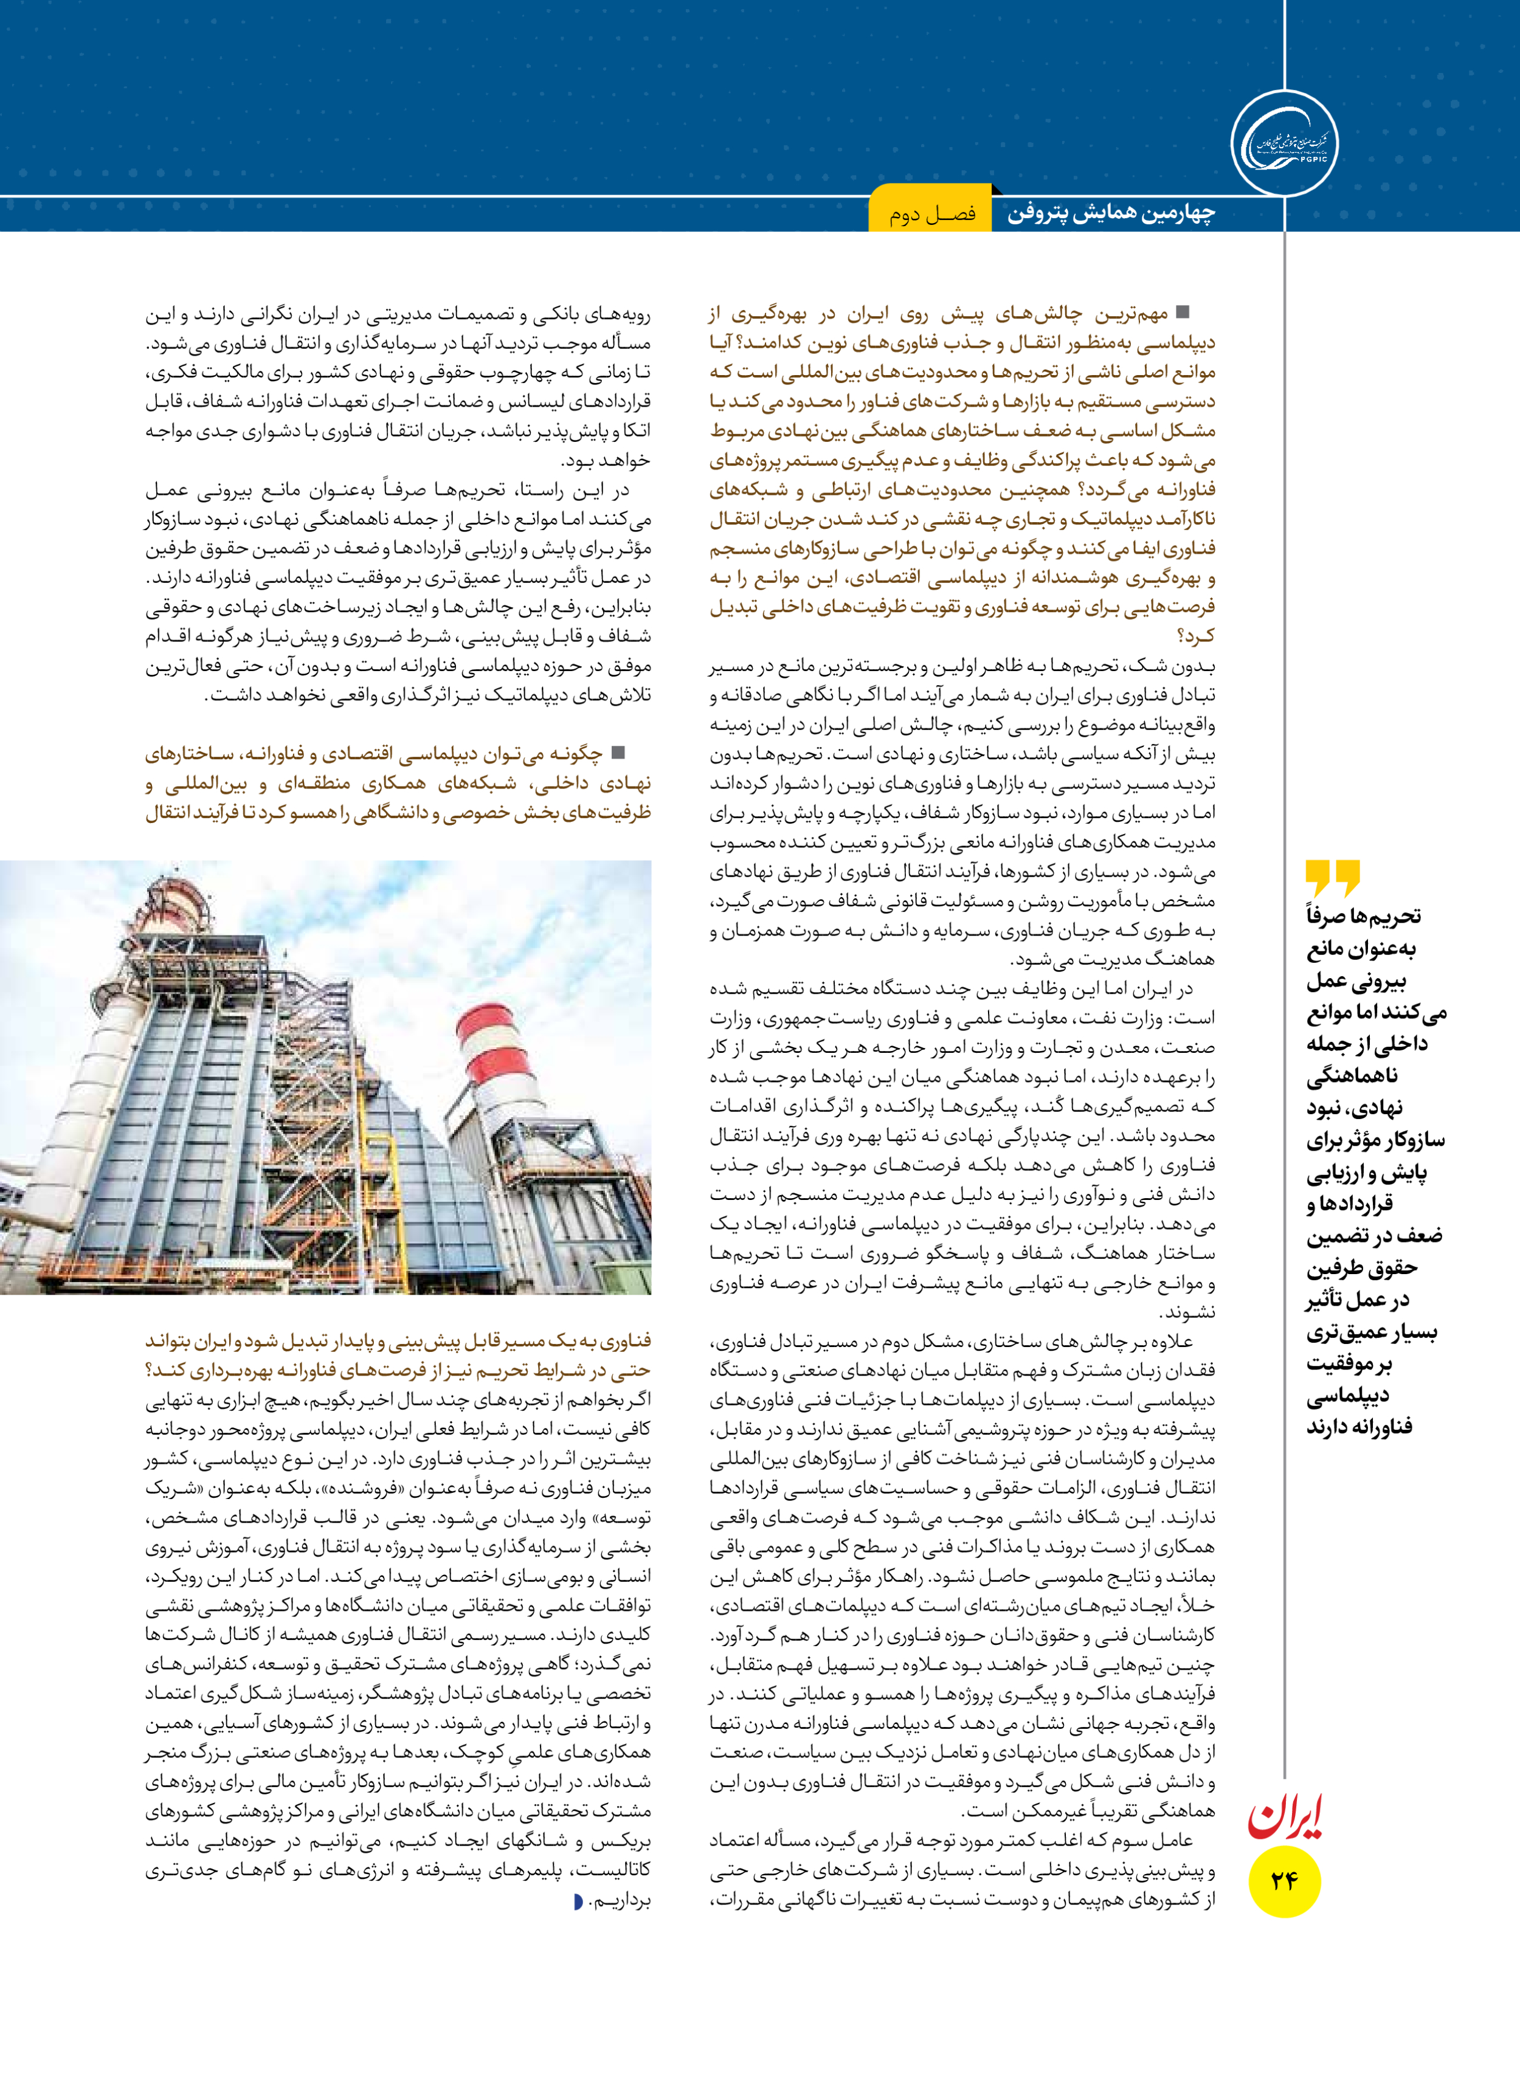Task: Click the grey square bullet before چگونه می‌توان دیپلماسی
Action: [x=618, y=753]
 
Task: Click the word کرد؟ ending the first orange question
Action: [x=1195, y=636]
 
